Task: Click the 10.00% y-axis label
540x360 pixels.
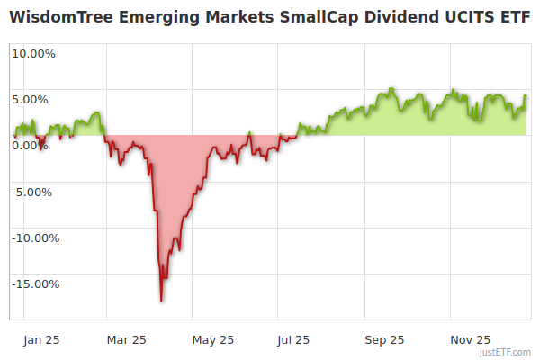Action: [x=33, y=53]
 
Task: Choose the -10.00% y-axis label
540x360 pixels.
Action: [x=35, y=238]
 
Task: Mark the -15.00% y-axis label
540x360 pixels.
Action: [x=35, y=284]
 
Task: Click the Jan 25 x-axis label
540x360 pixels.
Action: [x=41, y=340]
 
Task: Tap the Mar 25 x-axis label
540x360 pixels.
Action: [x=126, y=340]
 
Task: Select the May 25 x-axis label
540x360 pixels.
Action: [x=213, y=340]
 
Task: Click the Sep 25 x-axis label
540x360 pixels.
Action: [x=384, y=340]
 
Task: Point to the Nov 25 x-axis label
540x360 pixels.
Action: [x=471, y=340]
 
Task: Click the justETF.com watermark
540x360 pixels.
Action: [x=506, y=353]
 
